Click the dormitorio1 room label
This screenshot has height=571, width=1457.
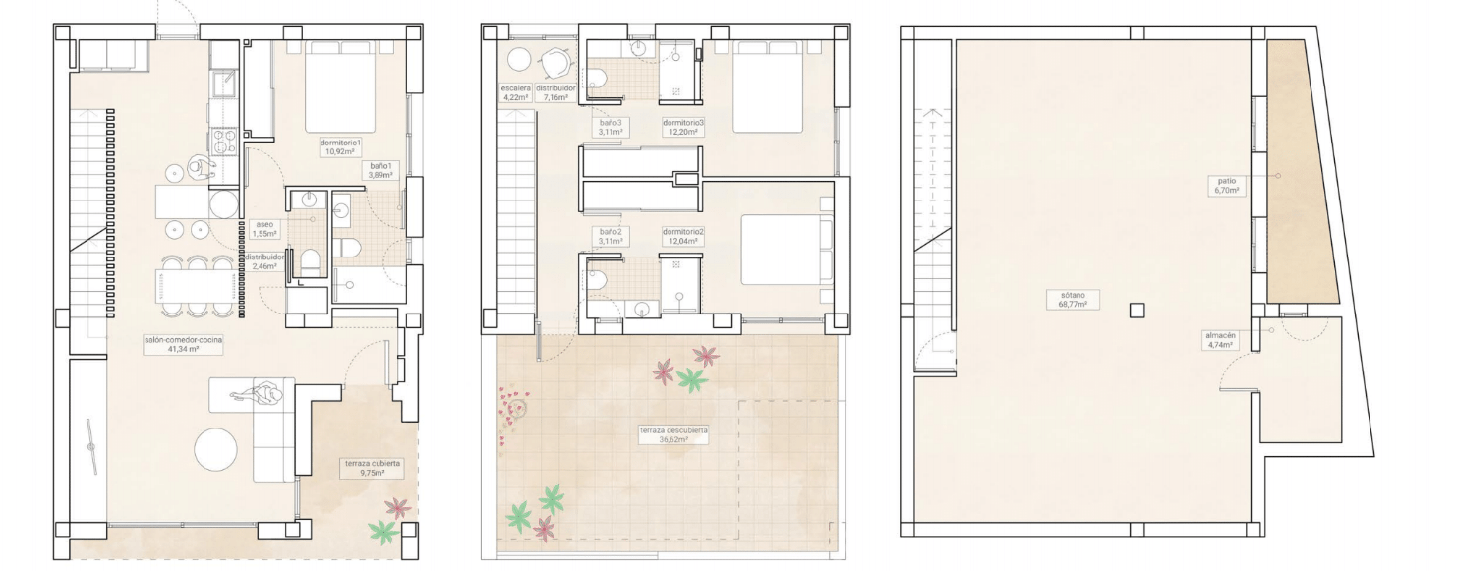point(340,147)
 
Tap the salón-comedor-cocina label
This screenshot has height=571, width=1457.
point(184,344)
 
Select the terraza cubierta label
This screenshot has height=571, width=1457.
point(373,468)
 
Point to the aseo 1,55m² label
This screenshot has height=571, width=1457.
point(264,228)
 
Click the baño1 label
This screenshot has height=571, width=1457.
point(380,170)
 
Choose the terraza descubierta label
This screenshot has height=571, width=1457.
point(673,434)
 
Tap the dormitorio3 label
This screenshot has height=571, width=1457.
point(683,127)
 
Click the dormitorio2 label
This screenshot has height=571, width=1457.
point(683,236)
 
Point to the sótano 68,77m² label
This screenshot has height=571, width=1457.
point(1074,299)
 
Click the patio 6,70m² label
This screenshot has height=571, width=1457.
point(1226,186)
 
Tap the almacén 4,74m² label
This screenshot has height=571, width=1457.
point(1220,340)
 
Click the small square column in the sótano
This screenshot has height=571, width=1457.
point(1136,311)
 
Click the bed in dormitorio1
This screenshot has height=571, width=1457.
point(340,86)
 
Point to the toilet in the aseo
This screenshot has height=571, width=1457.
point(310,262)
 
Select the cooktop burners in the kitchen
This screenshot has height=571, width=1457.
point(223,142)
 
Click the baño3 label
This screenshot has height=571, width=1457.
point(611,127)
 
